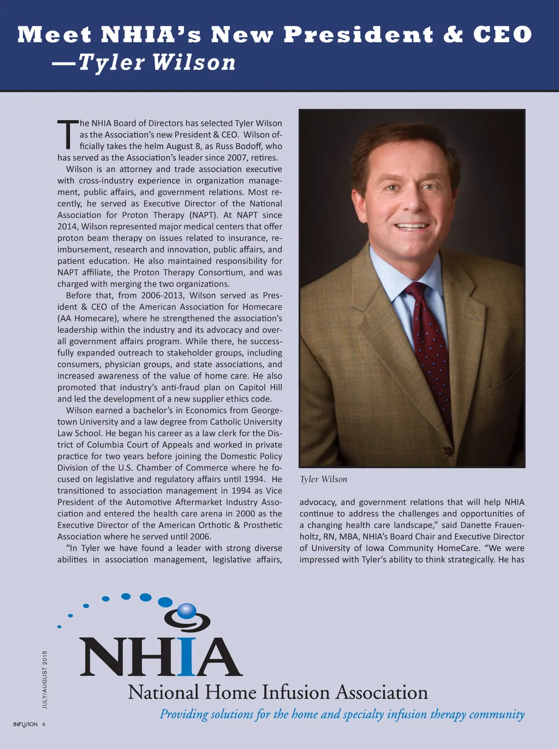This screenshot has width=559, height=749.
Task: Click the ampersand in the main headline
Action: click(x=453, y=35)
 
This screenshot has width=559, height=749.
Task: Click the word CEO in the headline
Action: click(x=502, y=35)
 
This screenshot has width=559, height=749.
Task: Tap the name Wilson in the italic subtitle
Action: click(x=194, y=62)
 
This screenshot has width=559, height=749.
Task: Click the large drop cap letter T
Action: click(x=68, y=134)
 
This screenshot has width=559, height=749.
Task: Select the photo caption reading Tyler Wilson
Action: click(x=323, y=479)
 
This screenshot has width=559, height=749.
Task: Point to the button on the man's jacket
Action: click(x=448, y=451)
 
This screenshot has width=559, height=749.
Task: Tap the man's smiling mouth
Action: click(x=412, y=226)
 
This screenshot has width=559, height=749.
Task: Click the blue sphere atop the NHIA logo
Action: click(x=187, y=610)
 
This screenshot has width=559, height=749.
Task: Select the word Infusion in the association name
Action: click(x=296, y=693)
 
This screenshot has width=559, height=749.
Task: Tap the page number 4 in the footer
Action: click(x=44, y=724)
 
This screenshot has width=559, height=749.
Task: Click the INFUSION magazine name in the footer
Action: click(x=25, y=724)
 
